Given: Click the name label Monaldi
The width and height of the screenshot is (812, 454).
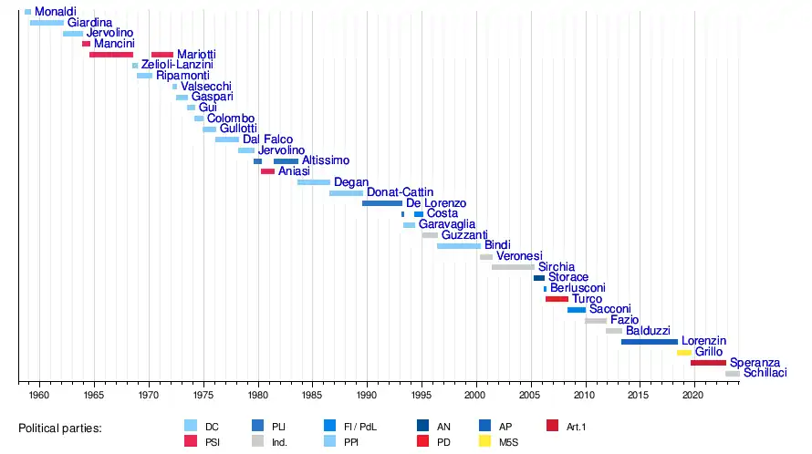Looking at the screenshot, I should coord(56,12).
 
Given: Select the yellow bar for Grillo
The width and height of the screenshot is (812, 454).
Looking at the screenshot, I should coord(684,352).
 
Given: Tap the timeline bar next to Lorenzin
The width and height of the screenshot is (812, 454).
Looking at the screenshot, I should coord(650,341).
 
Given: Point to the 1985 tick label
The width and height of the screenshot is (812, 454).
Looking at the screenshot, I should coord(312,395).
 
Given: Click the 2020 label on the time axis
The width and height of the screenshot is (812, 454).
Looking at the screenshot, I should coord(692,395).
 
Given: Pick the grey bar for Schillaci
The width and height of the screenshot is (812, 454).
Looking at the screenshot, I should coord(733,374).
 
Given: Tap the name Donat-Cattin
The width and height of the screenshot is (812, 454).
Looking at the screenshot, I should coord(400,192).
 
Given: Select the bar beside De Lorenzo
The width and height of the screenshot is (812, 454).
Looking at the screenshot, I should coord(382,203).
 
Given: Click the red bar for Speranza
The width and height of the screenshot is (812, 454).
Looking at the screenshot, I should coord(708,363).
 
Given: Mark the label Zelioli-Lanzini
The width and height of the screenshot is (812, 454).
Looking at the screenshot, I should coord(177,65).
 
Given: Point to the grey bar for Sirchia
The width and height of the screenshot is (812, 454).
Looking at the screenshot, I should coord(513,267).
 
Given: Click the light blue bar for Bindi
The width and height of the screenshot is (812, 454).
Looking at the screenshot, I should coord(459,246).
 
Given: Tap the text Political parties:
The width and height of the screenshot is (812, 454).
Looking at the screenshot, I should coord(60,428).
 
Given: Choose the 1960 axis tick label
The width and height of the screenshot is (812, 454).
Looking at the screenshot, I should coord(39,395).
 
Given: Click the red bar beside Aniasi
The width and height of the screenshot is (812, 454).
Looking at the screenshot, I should coord(267,171).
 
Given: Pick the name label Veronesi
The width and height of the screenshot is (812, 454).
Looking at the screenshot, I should coord(519,256).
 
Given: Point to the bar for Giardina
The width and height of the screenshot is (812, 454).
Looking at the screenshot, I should coord(47,23).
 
